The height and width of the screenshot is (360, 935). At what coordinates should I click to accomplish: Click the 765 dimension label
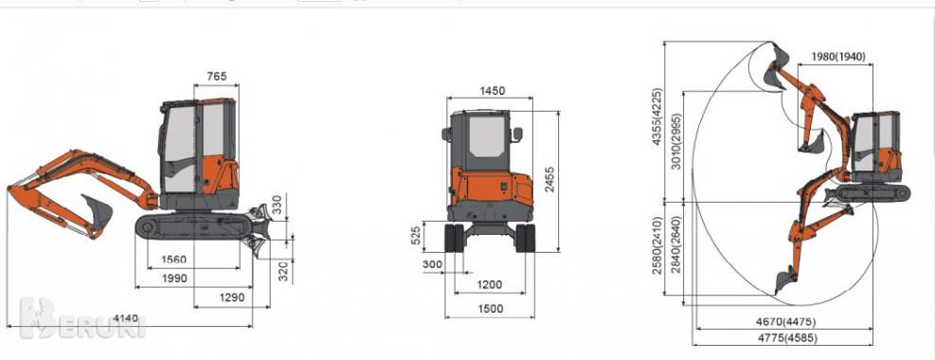tap(216, 77)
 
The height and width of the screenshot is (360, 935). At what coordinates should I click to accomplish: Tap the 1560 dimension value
tap(174, 260)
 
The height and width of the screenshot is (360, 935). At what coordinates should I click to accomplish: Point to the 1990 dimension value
tap(174, 279)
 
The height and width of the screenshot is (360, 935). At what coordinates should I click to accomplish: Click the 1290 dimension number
tap(232, 297)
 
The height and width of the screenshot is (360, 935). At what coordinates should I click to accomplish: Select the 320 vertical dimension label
tap(284, 271)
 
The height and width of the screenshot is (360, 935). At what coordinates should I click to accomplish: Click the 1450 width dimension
tap(492, 91)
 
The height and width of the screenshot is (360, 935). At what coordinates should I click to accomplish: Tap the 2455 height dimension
tap(549, 180)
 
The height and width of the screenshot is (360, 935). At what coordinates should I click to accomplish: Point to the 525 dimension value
tap(417, 237)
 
